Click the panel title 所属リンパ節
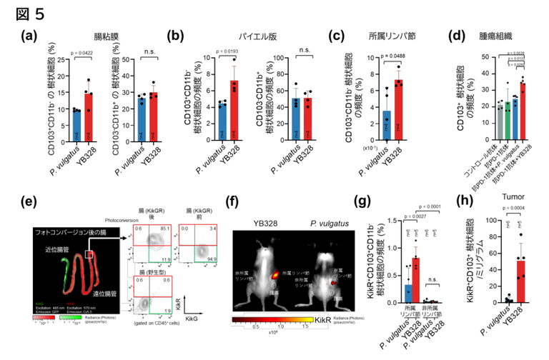371,34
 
